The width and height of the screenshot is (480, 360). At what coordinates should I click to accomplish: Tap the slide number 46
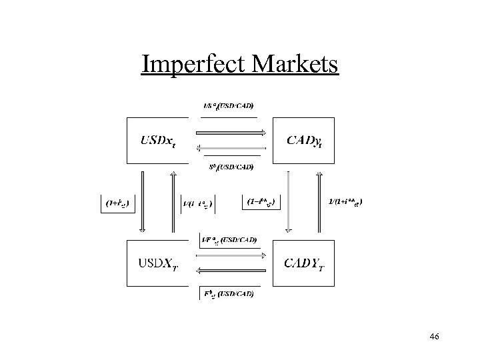(x=434, y=337)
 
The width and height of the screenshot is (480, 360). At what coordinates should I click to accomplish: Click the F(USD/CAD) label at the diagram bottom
(x=229, y=293)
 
